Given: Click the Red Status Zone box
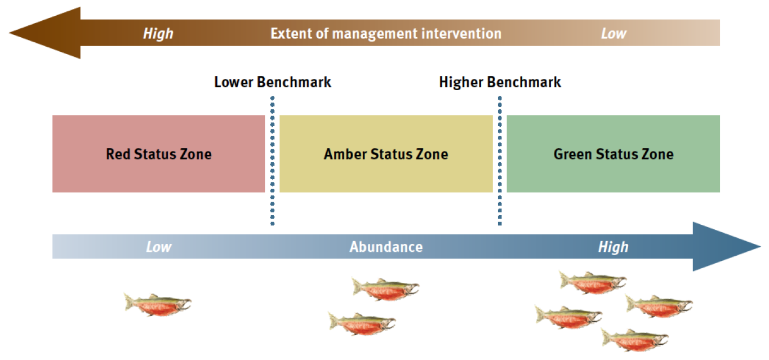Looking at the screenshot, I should (158, 154).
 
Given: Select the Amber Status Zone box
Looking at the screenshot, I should (386, 154).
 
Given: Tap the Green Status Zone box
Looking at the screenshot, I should (613, 154).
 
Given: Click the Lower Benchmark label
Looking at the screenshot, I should (273, 82).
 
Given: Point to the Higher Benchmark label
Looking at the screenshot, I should (500, 82).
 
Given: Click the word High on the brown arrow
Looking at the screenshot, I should (158, 34).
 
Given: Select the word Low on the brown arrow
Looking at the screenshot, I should (614, 34).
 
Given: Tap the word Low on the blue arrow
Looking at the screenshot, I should (158, 247).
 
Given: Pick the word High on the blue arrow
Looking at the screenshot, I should (613, 247).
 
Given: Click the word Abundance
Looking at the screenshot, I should (386, 247).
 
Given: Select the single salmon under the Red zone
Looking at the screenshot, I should (158, 304).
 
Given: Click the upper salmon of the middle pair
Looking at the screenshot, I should (386, 288).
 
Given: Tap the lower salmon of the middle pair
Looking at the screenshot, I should (362, 323).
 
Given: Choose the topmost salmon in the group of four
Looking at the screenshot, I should (593, 282).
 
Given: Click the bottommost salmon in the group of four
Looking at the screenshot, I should (635, 340).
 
